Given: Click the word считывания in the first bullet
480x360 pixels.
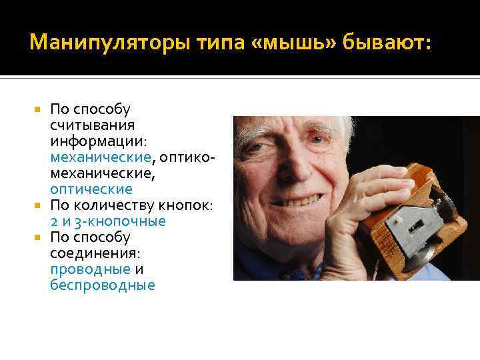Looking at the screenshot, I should pyautogui.click(x=92, y=125).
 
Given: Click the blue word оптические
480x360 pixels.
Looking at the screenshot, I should pyautogui.click(x=91, y=189).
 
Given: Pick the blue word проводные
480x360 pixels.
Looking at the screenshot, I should pyautogui.click(x=90, y=269).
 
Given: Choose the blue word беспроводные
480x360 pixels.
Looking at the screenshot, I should pyautogui.click(x=102, y=285).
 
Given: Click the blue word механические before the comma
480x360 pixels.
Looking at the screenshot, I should pyautogui.click(x=100, y=157).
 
